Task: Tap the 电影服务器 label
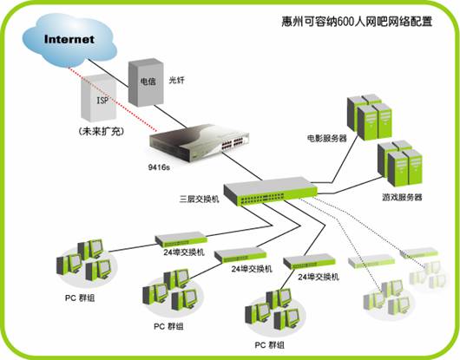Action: [x=326, y=137]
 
